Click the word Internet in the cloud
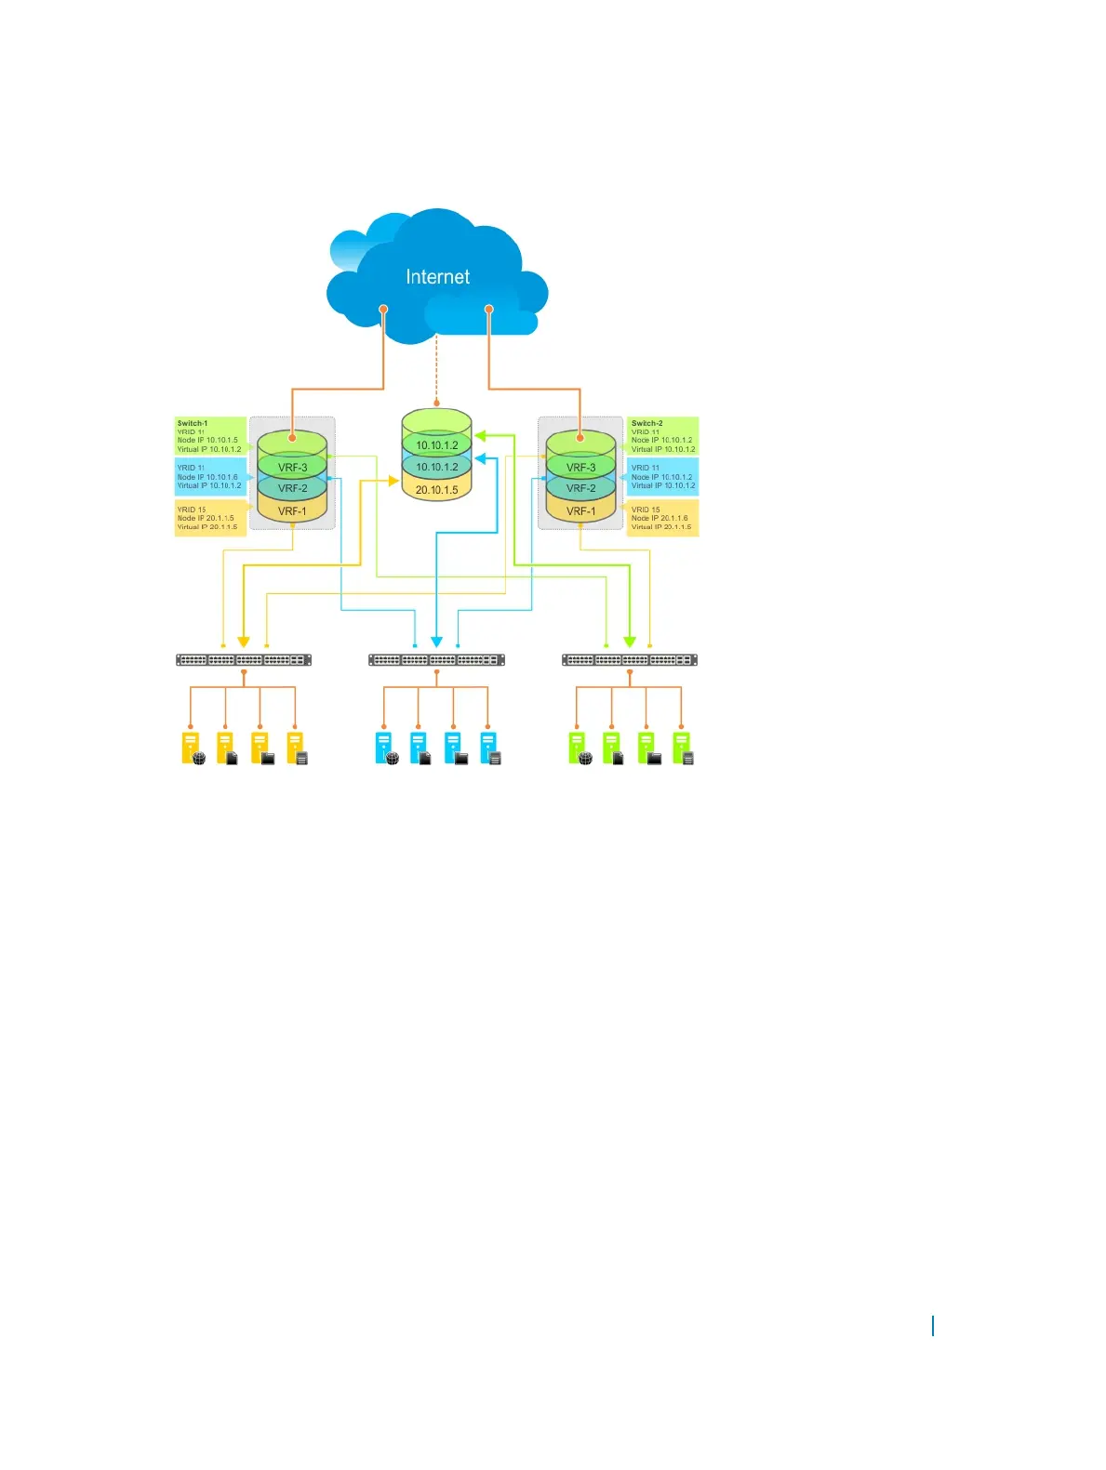tap(437, 277)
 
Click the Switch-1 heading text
tap(193, 423)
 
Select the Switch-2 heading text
tap(646, 423)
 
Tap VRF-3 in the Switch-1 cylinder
tap(292, 468)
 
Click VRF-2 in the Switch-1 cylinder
tap(292, 488)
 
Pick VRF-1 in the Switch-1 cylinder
tap(292, 510)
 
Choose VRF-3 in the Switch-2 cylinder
tap(580, 468)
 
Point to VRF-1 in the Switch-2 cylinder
tap(580, 510)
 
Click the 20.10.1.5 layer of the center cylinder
tap(436, 489)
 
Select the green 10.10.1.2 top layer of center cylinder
tap(436, 444)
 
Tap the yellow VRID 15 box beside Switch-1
tap(210, 518)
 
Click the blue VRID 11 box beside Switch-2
tap(662, 476)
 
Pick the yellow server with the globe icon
tap(193, 748)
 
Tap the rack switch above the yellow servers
tap(244, 660)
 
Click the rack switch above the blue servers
tap(436, 660)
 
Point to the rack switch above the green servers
tap(630, 660)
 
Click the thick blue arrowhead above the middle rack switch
tap(436, 642)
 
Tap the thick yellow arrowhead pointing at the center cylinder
tap(393, 481)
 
